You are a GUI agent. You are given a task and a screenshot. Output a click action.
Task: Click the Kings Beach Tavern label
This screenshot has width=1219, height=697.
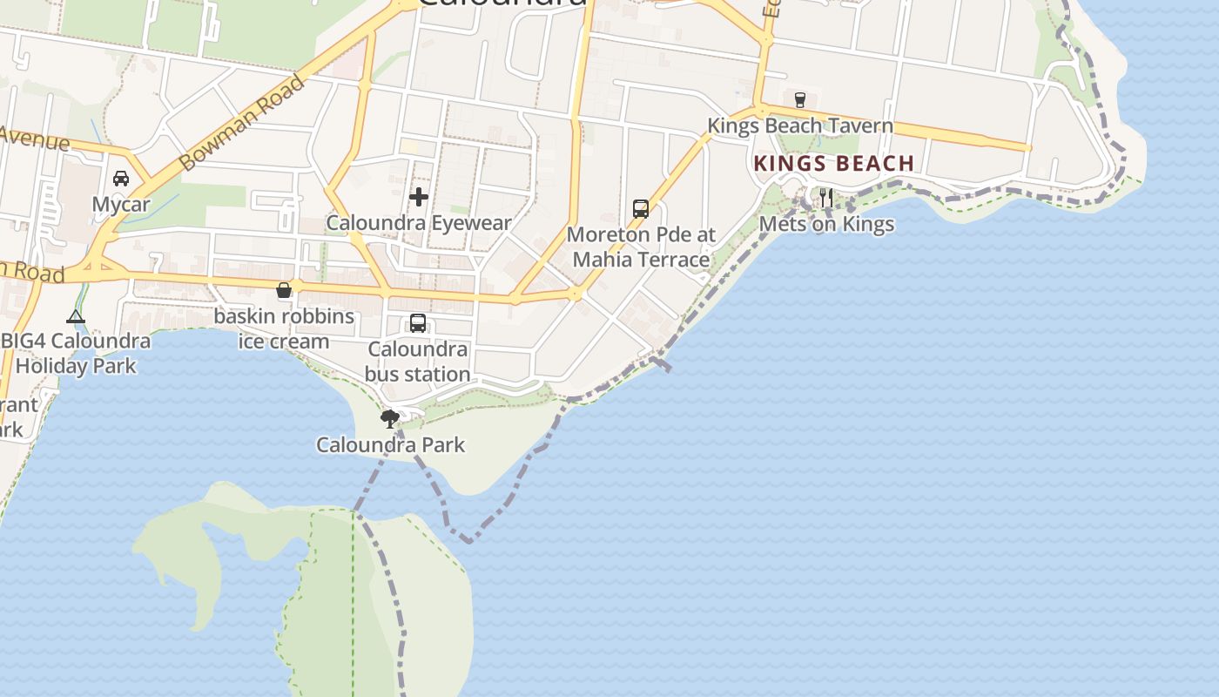pyautogui.click(x=799, y=125)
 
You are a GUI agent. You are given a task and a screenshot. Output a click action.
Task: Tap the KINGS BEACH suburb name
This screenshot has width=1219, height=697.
pyautogui.click(x=833, y=164)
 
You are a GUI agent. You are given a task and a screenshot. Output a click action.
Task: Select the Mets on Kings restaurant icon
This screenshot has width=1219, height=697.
pyautogui.click(x=826, y=198)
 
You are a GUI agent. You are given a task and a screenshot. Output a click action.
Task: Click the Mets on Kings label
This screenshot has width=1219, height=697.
pyautogui.click(x=826, y=224)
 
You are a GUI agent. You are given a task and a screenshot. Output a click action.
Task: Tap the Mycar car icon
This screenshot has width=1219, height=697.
pyautogui.click(x=121, y=179)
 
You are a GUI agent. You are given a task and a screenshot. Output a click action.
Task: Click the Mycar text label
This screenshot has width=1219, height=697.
pyautogui.click(x=121, y=205)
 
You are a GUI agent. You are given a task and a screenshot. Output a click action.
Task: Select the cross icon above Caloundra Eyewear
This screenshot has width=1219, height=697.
pyautogui.click(x=419, y=197)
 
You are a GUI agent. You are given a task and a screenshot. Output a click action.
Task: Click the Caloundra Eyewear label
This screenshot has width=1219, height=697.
pyautogui.click(x=419, y=223)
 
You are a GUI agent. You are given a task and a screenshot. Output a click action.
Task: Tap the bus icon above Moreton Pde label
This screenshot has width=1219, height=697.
pyautogui.click(x=641, y=209)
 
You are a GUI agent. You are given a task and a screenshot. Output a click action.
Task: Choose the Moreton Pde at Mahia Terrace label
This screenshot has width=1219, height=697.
pyautogui.click(x=641, y=247)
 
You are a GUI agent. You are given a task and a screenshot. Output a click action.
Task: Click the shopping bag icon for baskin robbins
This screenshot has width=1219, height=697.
pyautogui.click(x=284, y=290)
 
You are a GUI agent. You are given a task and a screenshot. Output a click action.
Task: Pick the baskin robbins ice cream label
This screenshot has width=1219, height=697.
pyautogui.click(x=284, y=328)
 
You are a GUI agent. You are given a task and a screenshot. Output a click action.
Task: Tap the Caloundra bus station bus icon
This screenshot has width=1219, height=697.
pyautogui.click(x=418, y=323)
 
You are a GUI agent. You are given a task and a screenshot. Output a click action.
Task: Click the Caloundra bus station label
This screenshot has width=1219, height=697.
pyautogui.click(x=418, y=362)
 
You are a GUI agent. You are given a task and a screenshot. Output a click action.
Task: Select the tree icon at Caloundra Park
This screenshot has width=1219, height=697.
pyautogui.click(x=390, y=419)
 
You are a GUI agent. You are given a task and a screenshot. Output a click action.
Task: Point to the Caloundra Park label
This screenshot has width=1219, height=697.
pyautogui.click(x=390, y=445)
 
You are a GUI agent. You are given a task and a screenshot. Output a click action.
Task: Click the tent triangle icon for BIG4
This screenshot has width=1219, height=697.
pyautogui.click(x=76, y=316)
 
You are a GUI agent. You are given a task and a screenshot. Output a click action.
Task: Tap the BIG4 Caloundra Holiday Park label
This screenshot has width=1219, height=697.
pyautogui.click(x=76, y=353)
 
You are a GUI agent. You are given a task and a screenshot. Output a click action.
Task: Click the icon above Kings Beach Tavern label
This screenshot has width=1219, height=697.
pyautogui.click(x=800, y=99)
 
